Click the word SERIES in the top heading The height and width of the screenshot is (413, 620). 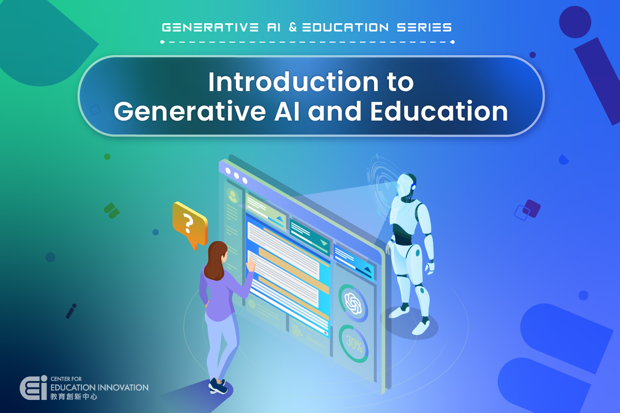tap(424, 28)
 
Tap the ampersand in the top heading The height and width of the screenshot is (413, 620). tap(293, 28)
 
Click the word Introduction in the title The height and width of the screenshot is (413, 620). tap(294, 82)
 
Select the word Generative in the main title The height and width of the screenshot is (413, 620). tap(189, 111)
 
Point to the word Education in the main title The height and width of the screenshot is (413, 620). tap(439, 111)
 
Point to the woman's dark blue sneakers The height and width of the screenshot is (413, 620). tap(218, 386)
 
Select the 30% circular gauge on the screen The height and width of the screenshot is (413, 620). tap(354, 344)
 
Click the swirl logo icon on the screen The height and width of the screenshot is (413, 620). tap(353, 303)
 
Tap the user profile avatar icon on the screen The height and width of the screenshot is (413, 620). tap(232, 196)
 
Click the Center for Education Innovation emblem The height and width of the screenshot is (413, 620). tap(33, 387)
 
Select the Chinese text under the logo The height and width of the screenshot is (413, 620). tap(74, 397)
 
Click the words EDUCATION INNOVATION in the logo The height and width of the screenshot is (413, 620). tap(99, 387)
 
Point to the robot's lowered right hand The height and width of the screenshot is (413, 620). tap(430, 268)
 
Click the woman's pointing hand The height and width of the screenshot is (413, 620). tap(250, 264)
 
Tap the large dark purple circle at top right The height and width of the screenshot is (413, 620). tap(575, 22)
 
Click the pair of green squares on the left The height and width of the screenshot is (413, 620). tap(111, 211)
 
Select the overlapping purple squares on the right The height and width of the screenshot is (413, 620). tap(527, 210)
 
